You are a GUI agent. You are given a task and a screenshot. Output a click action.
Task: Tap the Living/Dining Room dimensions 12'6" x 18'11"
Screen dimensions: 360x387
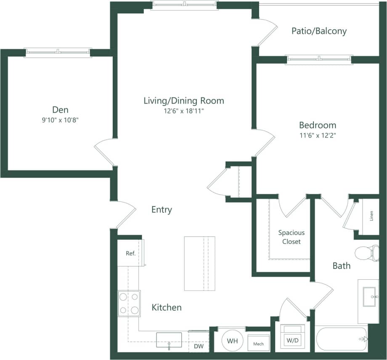pyautogui.click(x=183, y=111)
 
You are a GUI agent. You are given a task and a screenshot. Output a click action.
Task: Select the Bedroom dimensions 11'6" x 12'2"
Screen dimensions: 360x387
pyautogui.click(x=318, y=135)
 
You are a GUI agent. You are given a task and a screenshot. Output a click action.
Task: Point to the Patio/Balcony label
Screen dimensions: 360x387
pyautogui.click(x=319, y=31)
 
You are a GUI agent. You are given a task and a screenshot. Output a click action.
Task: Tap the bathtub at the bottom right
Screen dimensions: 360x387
pyautogui.click(x=341, y=339)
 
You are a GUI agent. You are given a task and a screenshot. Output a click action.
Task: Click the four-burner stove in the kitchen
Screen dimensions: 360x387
pyautogui.click(x=129, y=303)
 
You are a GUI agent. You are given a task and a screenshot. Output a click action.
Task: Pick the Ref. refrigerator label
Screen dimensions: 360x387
pyautogui.click(x=130, y=254)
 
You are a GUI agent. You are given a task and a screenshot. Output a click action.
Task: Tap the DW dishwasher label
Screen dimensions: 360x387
pyautogui.click(x=199, y=347)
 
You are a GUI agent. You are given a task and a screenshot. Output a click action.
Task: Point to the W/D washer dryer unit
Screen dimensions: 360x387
pyautogui.click(x=290, y=339)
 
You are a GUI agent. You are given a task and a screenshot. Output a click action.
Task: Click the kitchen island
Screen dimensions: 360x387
pyautogui.click(x=199, y=263)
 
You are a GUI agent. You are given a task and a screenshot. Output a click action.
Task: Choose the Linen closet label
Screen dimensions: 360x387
pyautogui.click(x=371, y=217)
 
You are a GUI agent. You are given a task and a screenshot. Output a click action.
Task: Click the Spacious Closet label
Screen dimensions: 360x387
pyautogui.click(x=291, y=237)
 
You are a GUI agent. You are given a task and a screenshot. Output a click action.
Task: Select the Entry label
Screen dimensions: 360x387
pyautogui.click(x=162, y=209)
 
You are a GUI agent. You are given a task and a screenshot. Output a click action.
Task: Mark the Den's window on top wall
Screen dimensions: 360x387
pyautogui.click(x=58, y=52)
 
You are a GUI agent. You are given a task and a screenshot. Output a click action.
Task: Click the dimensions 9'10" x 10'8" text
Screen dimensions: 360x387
pyautogui.click(x=58, y=120)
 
